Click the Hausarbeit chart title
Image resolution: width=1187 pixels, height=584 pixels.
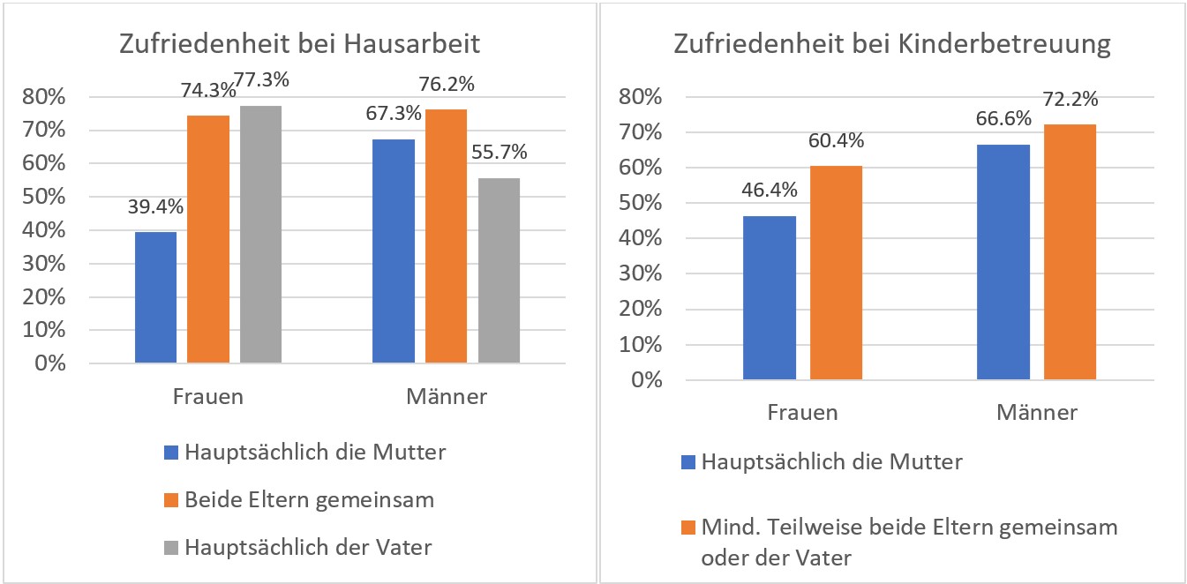[299, 44]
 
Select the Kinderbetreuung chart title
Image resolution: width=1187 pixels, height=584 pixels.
[891, 44]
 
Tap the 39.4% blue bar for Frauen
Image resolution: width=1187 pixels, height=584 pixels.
[155, 297]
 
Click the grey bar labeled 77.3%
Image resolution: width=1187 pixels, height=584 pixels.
[260, 234]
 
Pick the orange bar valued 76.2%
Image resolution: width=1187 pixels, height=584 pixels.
[446, 236]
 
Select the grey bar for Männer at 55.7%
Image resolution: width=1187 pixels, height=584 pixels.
[499, 270]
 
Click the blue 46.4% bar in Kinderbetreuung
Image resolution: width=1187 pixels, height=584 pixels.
[770, 298]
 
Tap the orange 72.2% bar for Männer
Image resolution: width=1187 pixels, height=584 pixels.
[1070, 252]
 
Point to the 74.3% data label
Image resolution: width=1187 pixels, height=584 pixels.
[208, 90]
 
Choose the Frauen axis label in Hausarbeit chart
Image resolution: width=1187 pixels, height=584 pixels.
[207, 396]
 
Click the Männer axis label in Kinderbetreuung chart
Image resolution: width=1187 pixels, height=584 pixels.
[1037, 412]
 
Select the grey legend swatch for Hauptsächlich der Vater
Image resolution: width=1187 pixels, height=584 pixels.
[171, 548]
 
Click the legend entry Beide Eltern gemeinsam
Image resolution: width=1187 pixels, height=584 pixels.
[309, 500]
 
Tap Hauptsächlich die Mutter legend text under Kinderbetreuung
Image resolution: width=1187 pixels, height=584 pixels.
[831, 461]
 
